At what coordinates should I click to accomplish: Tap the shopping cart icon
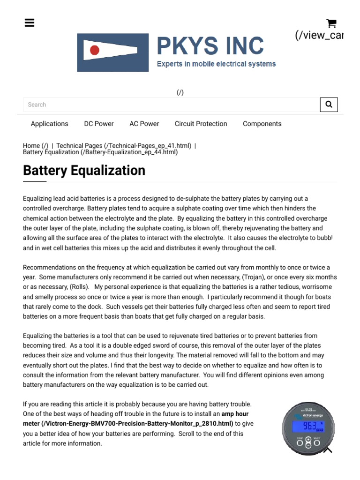[331, 23]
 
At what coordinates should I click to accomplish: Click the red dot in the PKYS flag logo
[95, 50]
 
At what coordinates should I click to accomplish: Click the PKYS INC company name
[210, 46]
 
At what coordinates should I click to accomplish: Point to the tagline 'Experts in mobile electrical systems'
[216, 64]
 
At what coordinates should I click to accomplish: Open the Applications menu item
[49, 124]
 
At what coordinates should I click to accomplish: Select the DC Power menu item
[99, 124]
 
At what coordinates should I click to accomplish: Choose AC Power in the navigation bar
[144, 124]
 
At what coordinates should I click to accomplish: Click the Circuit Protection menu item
[201, 124]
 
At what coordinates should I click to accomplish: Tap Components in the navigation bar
[262, 124]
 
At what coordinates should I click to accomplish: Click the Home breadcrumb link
[31, 146]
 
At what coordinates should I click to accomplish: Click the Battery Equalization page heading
[84, 170]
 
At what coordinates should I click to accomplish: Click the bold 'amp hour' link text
[235, 414]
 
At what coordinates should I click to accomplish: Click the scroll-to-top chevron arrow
[328, 450]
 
